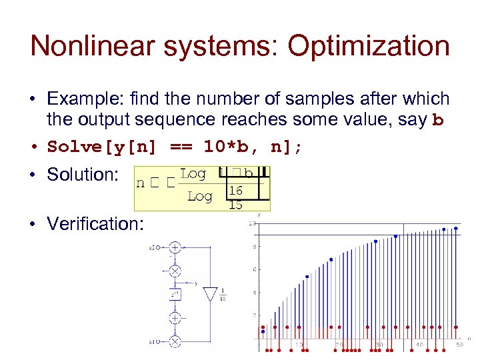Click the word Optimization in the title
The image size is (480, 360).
(x=359, y=47)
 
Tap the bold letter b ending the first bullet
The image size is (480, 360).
(x=437, y=121)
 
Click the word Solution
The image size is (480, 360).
(x=82, y=175)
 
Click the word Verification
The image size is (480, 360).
(x=95, y=223)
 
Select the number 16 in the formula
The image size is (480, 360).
(x=235, y=191)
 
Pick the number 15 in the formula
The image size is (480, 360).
(x=235, y=205)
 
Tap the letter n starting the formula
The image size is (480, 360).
(x=140, y=183)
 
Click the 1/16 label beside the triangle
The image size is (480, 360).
(x=223, y=295)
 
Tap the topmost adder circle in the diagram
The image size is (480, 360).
(x=175, y=247)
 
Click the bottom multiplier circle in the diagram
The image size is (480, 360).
(x=175, y=341)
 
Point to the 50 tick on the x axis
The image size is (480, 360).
(x=459, y=345)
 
